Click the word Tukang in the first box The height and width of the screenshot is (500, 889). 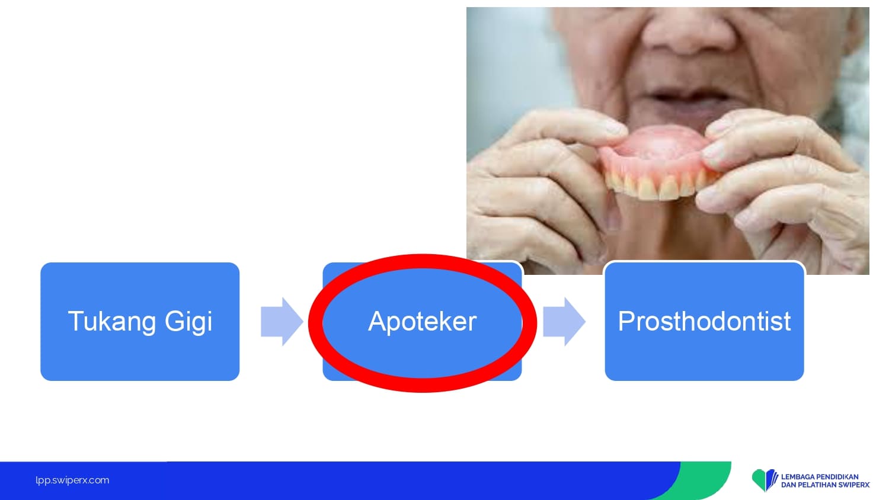click(111, 322)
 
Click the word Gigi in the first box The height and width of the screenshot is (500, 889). click(188, 322)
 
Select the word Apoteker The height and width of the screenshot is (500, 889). click(422, 322)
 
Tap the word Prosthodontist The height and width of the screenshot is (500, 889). click(704, 321)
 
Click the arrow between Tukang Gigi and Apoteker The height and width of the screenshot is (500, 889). click(282, 322)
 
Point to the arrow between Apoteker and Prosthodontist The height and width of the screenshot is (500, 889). click(564, 322)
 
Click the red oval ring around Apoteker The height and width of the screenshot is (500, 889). click(423, 262)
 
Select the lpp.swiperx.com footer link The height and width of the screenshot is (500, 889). click(72, 480)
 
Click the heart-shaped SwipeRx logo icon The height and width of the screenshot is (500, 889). click(764, 479)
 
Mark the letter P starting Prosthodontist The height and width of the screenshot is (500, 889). click(625, 321)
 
